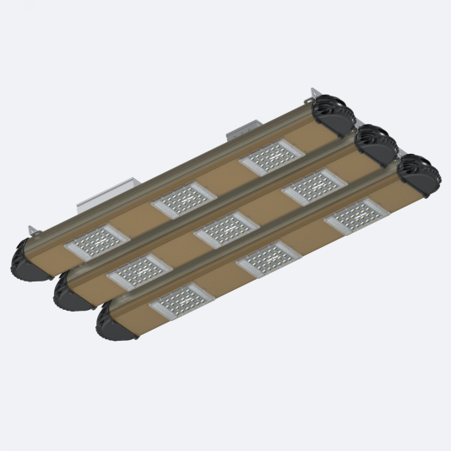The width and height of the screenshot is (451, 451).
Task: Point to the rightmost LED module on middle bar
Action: click(314, 184)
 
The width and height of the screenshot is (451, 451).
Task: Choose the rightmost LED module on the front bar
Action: click(356, 215)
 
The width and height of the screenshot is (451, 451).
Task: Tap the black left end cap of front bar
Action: click(109, 324)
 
